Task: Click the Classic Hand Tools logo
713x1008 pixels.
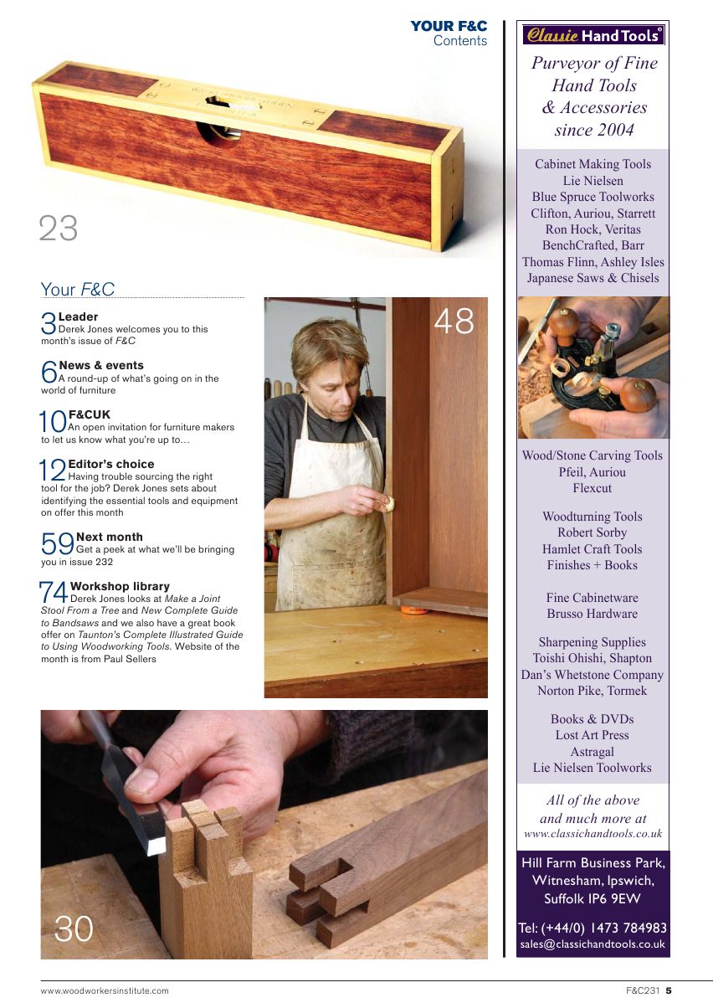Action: (593, 35)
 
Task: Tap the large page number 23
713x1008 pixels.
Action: (59, 229)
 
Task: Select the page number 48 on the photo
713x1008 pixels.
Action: (454, 321)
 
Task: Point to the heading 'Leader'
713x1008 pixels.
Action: (78, 316)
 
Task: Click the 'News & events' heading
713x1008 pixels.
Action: (101, 365)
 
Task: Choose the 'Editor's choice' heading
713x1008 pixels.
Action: (110, 464)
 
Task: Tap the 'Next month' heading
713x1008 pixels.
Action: (109, 537)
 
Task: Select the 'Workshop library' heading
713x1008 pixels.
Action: (120, 586)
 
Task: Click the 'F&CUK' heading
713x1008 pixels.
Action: (89, 414)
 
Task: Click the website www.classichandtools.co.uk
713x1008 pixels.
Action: (592, 834)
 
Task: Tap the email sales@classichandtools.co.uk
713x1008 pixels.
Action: (592, 944)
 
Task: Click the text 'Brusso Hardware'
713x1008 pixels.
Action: (592, 614)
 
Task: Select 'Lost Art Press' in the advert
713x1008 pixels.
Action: (592, 735)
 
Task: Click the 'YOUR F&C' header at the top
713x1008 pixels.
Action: (449, 27)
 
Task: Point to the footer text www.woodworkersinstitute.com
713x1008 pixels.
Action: (105, 991)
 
